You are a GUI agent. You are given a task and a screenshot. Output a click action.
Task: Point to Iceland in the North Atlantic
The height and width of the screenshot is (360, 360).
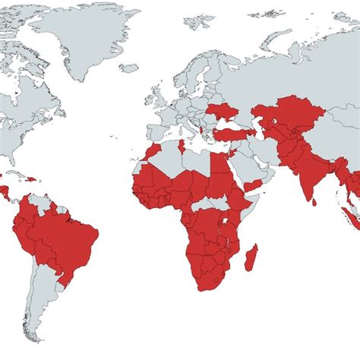tap(130, 68)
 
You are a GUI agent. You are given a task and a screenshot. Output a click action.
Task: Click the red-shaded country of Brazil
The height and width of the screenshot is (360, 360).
tap(65, 232)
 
